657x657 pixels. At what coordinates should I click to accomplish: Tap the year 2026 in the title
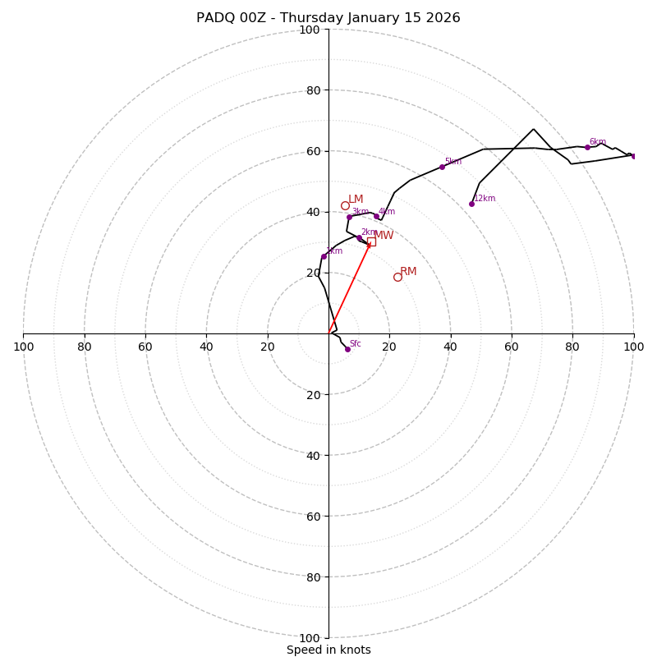click(442, 18)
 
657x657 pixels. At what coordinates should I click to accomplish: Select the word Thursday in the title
click(304, 18)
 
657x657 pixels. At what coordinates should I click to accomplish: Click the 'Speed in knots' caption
click(328, 650)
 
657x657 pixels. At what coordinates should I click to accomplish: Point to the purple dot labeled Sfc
click(347, 349)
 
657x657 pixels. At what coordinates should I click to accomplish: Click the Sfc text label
click(355, 343)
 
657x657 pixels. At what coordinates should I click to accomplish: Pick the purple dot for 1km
click(324, 256)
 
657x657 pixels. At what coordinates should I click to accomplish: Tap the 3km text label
click(360, 212)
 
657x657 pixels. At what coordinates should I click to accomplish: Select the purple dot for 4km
click(377, 216)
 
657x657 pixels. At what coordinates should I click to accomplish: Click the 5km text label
click(453, 162)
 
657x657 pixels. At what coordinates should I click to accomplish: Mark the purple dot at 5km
click(442, 167)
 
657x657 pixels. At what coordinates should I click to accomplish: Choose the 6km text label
click(597, 142)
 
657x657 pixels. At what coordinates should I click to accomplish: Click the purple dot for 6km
click(587, 147)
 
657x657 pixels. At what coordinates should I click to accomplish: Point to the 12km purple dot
click(471, 204)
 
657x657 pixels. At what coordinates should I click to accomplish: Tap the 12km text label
click(485, 198)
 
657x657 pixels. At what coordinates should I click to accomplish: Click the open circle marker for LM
click(345, 205)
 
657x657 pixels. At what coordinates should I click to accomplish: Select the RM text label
click(408, 271)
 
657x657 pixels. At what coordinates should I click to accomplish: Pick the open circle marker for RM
click(397, 277)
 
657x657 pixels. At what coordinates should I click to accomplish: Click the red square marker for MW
click(371, 241)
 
